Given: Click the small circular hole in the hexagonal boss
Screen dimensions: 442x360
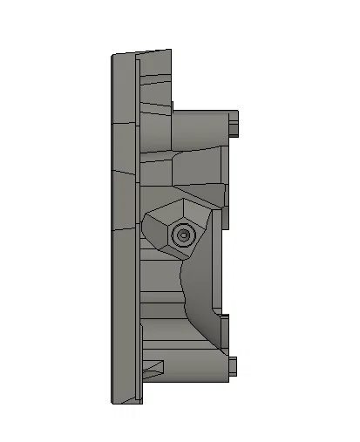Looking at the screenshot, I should [183, 234].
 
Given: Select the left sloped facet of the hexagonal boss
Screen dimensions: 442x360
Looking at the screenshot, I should [154, 231].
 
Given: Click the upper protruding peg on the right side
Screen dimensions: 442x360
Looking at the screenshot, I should [234, 124].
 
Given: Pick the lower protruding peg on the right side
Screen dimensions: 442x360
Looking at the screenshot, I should [234, 366].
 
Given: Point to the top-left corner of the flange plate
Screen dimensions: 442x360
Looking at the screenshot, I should [112, 58].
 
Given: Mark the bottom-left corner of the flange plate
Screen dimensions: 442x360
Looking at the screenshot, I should [112, 403].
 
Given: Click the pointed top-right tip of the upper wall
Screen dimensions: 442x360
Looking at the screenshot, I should [171, 51].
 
